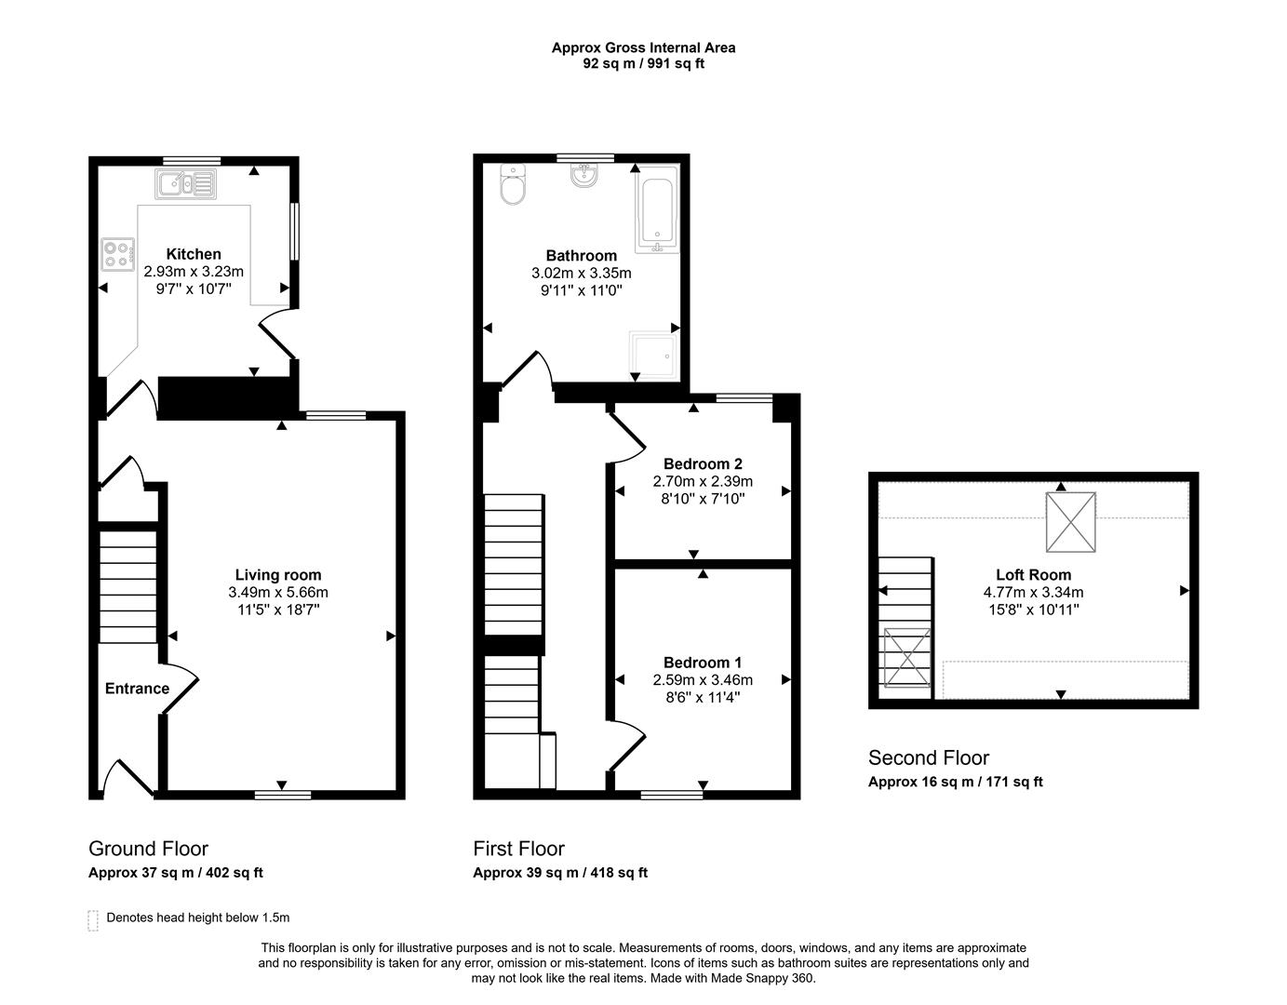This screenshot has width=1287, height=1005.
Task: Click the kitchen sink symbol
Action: (x=186, y=183)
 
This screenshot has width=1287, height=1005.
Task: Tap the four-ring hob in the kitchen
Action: (x=117, y=253)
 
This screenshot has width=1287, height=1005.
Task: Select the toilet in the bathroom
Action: (x=512, y=186)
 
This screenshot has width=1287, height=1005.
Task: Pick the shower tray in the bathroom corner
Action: (x=655, y=354)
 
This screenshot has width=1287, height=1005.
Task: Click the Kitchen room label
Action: (x=194, y=254)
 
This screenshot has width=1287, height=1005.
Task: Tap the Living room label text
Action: (x=277, y=575)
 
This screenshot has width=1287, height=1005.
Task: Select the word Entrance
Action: (x=137, y=689)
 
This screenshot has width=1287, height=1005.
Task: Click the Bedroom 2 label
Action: (x=703, y=463)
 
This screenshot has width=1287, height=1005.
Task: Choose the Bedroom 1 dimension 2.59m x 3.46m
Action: (x=703, y=680)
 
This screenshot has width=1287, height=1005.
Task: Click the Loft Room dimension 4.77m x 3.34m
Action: (x=1033, y=592)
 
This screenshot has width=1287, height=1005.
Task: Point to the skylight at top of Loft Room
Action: (x=1070, y=522)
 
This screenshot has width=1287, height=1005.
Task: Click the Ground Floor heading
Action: (x=148, y=849)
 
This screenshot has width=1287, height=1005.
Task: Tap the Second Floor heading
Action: (x=928, y=757)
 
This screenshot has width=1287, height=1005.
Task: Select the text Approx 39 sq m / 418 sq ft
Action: (x=559, y=873)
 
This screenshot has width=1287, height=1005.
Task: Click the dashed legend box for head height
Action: (x=92, y=920)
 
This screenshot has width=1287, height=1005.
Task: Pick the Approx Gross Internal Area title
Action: (x=643, y=47)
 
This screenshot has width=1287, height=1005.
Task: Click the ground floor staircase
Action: (x=128, y=586)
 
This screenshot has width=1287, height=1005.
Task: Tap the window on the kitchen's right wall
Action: (x=294, y=232)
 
